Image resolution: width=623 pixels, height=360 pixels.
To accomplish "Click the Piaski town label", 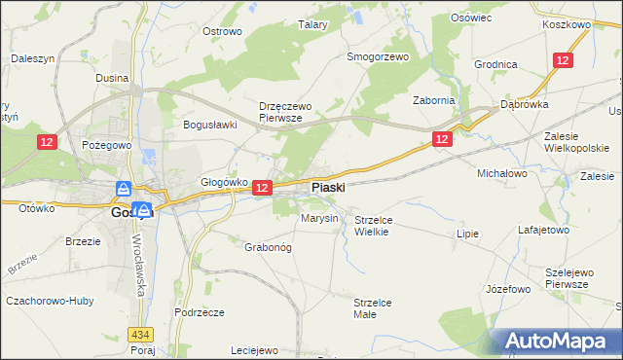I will (x=328, y=187).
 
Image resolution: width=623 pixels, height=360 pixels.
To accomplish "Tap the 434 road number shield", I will (x=139, y=334).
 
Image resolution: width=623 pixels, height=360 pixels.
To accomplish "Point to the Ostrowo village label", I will (x=222, y=31).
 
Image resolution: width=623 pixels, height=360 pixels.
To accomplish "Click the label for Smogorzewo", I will (x=379, y=56).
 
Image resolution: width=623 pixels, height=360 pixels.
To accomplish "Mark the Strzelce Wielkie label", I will (x=372, y=226).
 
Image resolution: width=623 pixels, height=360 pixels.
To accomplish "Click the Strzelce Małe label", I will (x=372, y=308).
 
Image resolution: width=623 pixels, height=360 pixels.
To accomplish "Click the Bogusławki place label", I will (x=211, y=125).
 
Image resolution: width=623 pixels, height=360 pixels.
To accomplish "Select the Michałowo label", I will (x=501, y=172).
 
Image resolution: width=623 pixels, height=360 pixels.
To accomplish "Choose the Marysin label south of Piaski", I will (x=319, y=218).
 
